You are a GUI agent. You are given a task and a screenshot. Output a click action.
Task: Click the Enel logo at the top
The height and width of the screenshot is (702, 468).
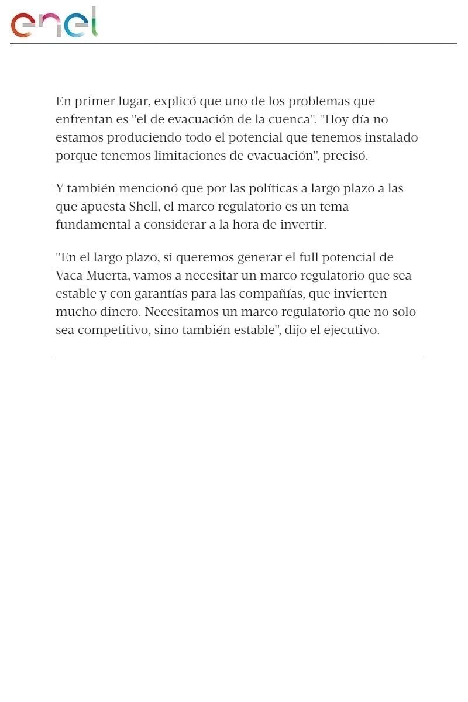pyautogui.click(x=54, y=23)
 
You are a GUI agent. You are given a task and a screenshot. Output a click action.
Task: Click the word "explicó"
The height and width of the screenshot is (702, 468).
pyautogui.click(x=175, y=102)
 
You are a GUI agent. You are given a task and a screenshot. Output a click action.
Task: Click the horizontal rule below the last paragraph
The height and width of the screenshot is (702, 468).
pyautogui.click(x=238, y=356)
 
